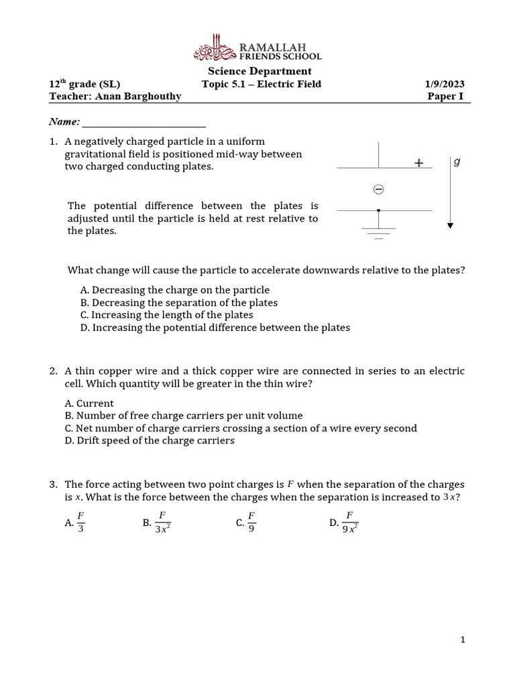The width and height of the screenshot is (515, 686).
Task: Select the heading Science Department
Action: pyautogui.click(x=260, y=71)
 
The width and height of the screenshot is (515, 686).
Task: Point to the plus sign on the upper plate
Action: pyautogui.click(x=419, y=163)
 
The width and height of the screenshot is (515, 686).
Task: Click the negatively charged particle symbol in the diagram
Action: pyautogui.click(x=378, y=190)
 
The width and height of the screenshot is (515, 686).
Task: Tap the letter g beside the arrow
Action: pyautogui.click(x=457, y=162)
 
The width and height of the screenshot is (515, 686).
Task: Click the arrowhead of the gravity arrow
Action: pyautogui.click(x=451, y=226)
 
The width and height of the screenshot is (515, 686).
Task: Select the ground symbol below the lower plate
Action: pyautogui.click(x=379, y=232)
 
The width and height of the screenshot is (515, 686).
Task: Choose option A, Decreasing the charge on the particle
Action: pyautogui.click(x=174, y=290)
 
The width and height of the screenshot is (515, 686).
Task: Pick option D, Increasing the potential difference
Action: pyautogui.click(x=215, y=328)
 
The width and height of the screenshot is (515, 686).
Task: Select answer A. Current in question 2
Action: pyautogui.click(x=89, y=403)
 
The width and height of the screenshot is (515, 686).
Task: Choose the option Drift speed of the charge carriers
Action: pyautogui.click(x=150, y=441)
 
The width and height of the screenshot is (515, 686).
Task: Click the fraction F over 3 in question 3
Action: pyautogui.click(x=80, y=521)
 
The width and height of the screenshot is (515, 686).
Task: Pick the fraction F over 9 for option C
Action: pyautogui.click(x=251, y=521)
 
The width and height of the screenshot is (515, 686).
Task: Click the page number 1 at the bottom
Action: pyautogui.click(x=463, y=640)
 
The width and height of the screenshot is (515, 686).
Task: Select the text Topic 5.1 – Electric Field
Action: pyautogui.click(x=262, y=84)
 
